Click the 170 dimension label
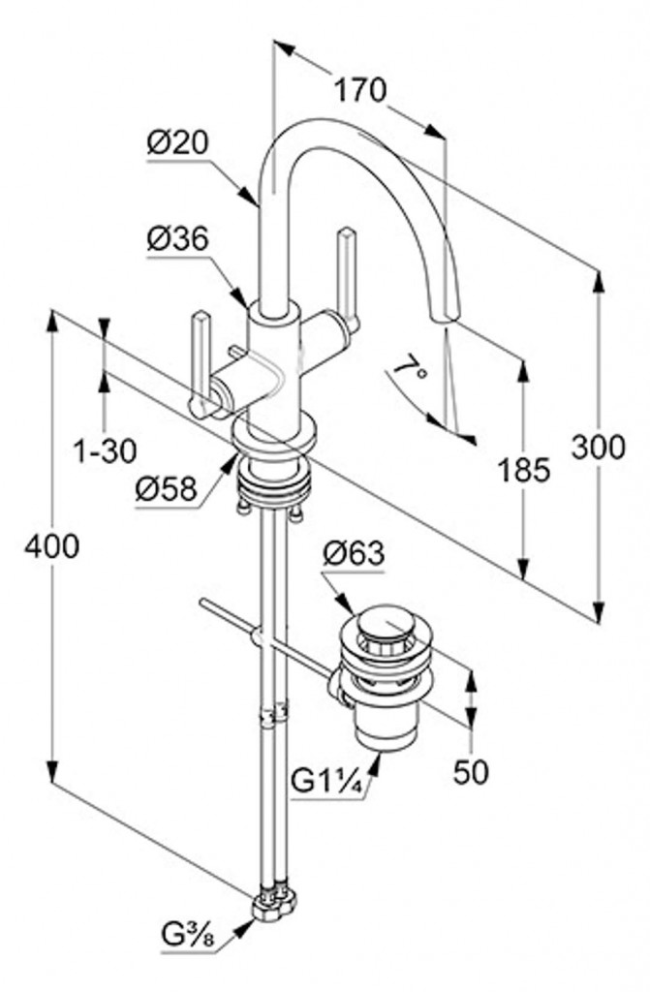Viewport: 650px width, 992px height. click(360, 90)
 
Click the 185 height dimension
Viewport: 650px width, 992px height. click(525, 470)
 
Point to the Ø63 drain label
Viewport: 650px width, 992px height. click(354, 555)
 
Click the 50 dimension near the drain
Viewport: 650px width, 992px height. click(470, 772)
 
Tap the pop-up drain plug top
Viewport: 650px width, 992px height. click(385, 621)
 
